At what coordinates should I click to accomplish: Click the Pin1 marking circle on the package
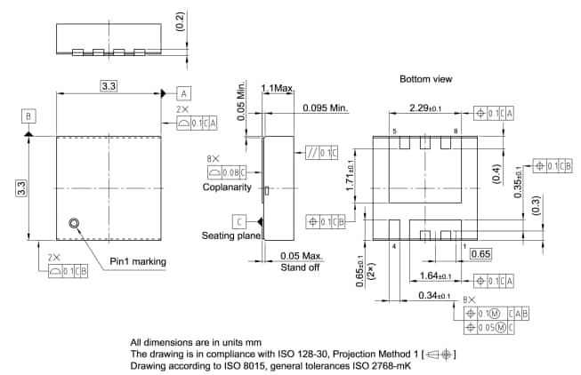pyautogui.click(x=73, y=224)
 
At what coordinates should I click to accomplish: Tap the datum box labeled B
pyautogui.click(x=29, y=116)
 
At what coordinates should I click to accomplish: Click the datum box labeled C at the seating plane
pyautogui.click(x=239, y=221)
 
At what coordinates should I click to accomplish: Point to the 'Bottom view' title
pyautogui.click(x=425, y=79)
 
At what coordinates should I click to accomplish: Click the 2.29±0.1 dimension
pyautogui.click(x=425, y=108)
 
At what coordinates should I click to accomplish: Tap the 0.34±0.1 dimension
pyautogui.click(x=435, y=296)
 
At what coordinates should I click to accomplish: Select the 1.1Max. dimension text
pyautogui.click(x=278, y=88)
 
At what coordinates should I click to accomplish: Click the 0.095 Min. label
pyautogui.click(x=326, y=108)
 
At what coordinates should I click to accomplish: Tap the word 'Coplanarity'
pyautogui.click(x=227, y=187)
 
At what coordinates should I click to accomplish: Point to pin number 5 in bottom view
pyautogui.click(x=395, y=131)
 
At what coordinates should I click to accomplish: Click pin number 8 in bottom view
pyautogui.click(x=456, y=131)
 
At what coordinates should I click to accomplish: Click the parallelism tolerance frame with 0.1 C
pyautogui.click(x=321, y=152)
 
